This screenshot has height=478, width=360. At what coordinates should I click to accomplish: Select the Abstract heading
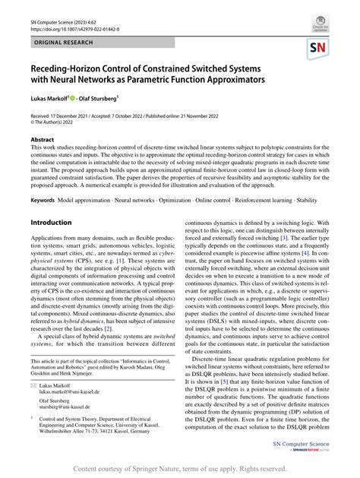tap(42, 140)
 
